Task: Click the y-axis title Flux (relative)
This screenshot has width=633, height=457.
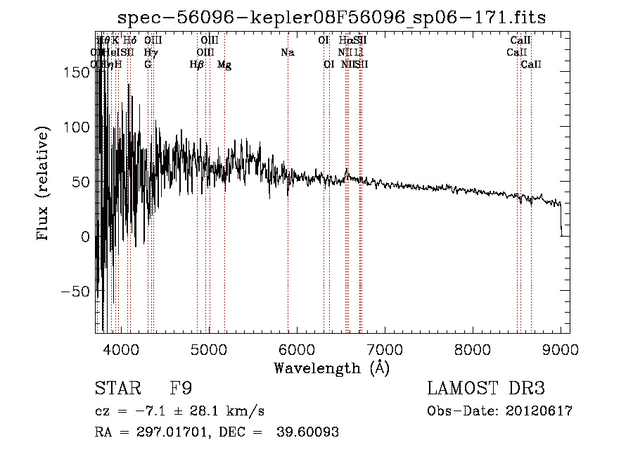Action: (x=44, y=183)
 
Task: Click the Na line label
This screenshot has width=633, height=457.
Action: (x=287, y=52)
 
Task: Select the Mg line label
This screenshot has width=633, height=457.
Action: (x=224, y=65)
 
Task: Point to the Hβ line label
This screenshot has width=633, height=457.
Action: (x=197, y=65)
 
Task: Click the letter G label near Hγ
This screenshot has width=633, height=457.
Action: (x=148, y=65)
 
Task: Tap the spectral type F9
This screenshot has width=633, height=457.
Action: (x=182, y=389)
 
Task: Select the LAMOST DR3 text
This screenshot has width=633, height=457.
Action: (x=485, y=389)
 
